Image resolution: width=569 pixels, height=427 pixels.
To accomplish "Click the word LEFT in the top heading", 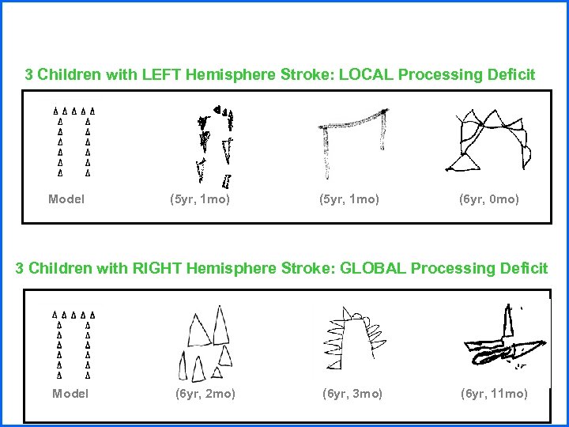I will point(163,75).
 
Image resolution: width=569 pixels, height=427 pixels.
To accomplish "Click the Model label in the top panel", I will point(66,199).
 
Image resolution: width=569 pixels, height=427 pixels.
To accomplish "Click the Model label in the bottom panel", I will point(70,393).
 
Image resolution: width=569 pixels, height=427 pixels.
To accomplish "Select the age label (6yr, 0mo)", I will point(489,199).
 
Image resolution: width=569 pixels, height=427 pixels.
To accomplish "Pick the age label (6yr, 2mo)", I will point(205,393).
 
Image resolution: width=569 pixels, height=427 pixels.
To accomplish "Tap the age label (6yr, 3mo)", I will point(352,393).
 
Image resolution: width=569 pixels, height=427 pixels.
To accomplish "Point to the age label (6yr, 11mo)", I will point(494,393).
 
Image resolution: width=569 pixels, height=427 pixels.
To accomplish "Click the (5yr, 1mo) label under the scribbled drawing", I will point(200,199).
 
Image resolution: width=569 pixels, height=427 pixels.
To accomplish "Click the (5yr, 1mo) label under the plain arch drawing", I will point(349,199).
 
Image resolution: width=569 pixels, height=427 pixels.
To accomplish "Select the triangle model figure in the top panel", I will point(73,141).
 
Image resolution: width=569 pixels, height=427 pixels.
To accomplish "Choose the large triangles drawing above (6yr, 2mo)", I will point(208,342).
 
